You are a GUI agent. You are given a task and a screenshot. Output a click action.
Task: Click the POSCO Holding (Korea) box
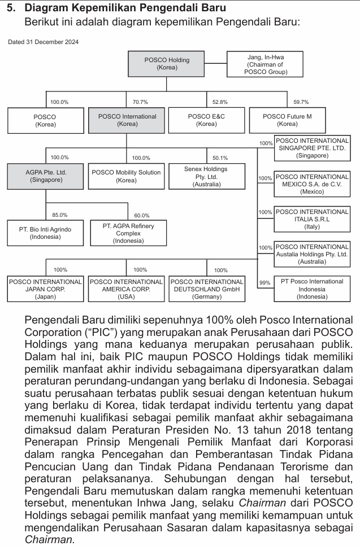coord(167,64)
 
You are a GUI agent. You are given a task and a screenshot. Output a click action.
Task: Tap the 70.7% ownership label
coord(140,102)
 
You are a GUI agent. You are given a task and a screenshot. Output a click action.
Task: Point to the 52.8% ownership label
coord(220,102)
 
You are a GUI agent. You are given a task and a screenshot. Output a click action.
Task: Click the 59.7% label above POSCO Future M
coord(301,102)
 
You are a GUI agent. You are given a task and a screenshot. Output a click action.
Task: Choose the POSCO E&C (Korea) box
coord(206,120)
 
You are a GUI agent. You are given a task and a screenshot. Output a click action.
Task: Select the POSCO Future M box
coord(287,120)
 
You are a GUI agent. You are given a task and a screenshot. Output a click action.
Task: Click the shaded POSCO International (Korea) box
coord(127,120)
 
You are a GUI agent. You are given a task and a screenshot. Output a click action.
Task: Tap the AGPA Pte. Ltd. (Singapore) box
coord(46,176)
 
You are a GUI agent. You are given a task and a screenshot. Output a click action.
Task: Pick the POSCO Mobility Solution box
coord(126,176)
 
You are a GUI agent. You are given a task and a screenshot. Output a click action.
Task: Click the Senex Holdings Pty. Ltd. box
coord(206,176)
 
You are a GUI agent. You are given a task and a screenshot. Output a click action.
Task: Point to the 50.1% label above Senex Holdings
coord(220,158)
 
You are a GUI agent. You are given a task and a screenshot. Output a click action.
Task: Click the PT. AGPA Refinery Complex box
coord(128,233)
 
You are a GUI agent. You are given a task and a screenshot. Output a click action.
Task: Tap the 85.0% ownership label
coord(59,215)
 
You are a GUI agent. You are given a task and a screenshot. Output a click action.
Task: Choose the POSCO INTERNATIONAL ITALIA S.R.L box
coord(312,219)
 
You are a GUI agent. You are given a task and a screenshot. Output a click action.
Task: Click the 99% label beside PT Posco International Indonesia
coord(264,282)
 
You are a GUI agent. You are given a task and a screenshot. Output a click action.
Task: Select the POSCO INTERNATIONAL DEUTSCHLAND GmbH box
coord(207,289)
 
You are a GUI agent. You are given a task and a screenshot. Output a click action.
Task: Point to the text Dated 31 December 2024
coord(44,42)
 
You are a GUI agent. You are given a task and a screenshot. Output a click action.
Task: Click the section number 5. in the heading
coord(11,8)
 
